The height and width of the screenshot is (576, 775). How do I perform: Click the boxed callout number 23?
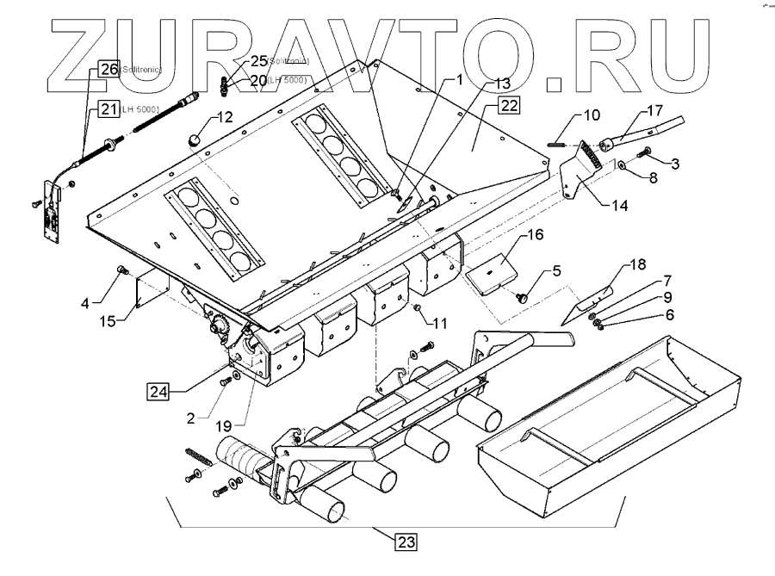pos(407,542)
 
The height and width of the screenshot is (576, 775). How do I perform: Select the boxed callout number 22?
pos(509,106)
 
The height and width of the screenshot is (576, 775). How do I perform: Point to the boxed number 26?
pos(109,71)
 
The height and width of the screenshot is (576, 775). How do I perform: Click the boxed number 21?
pos(109,108)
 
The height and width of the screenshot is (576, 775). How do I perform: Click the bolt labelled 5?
pos(521,295)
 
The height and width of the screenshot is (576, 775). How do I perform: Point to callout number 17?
pos(653,110)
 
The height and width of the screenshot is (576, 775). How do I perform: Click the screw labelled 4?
pos(122,273)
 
